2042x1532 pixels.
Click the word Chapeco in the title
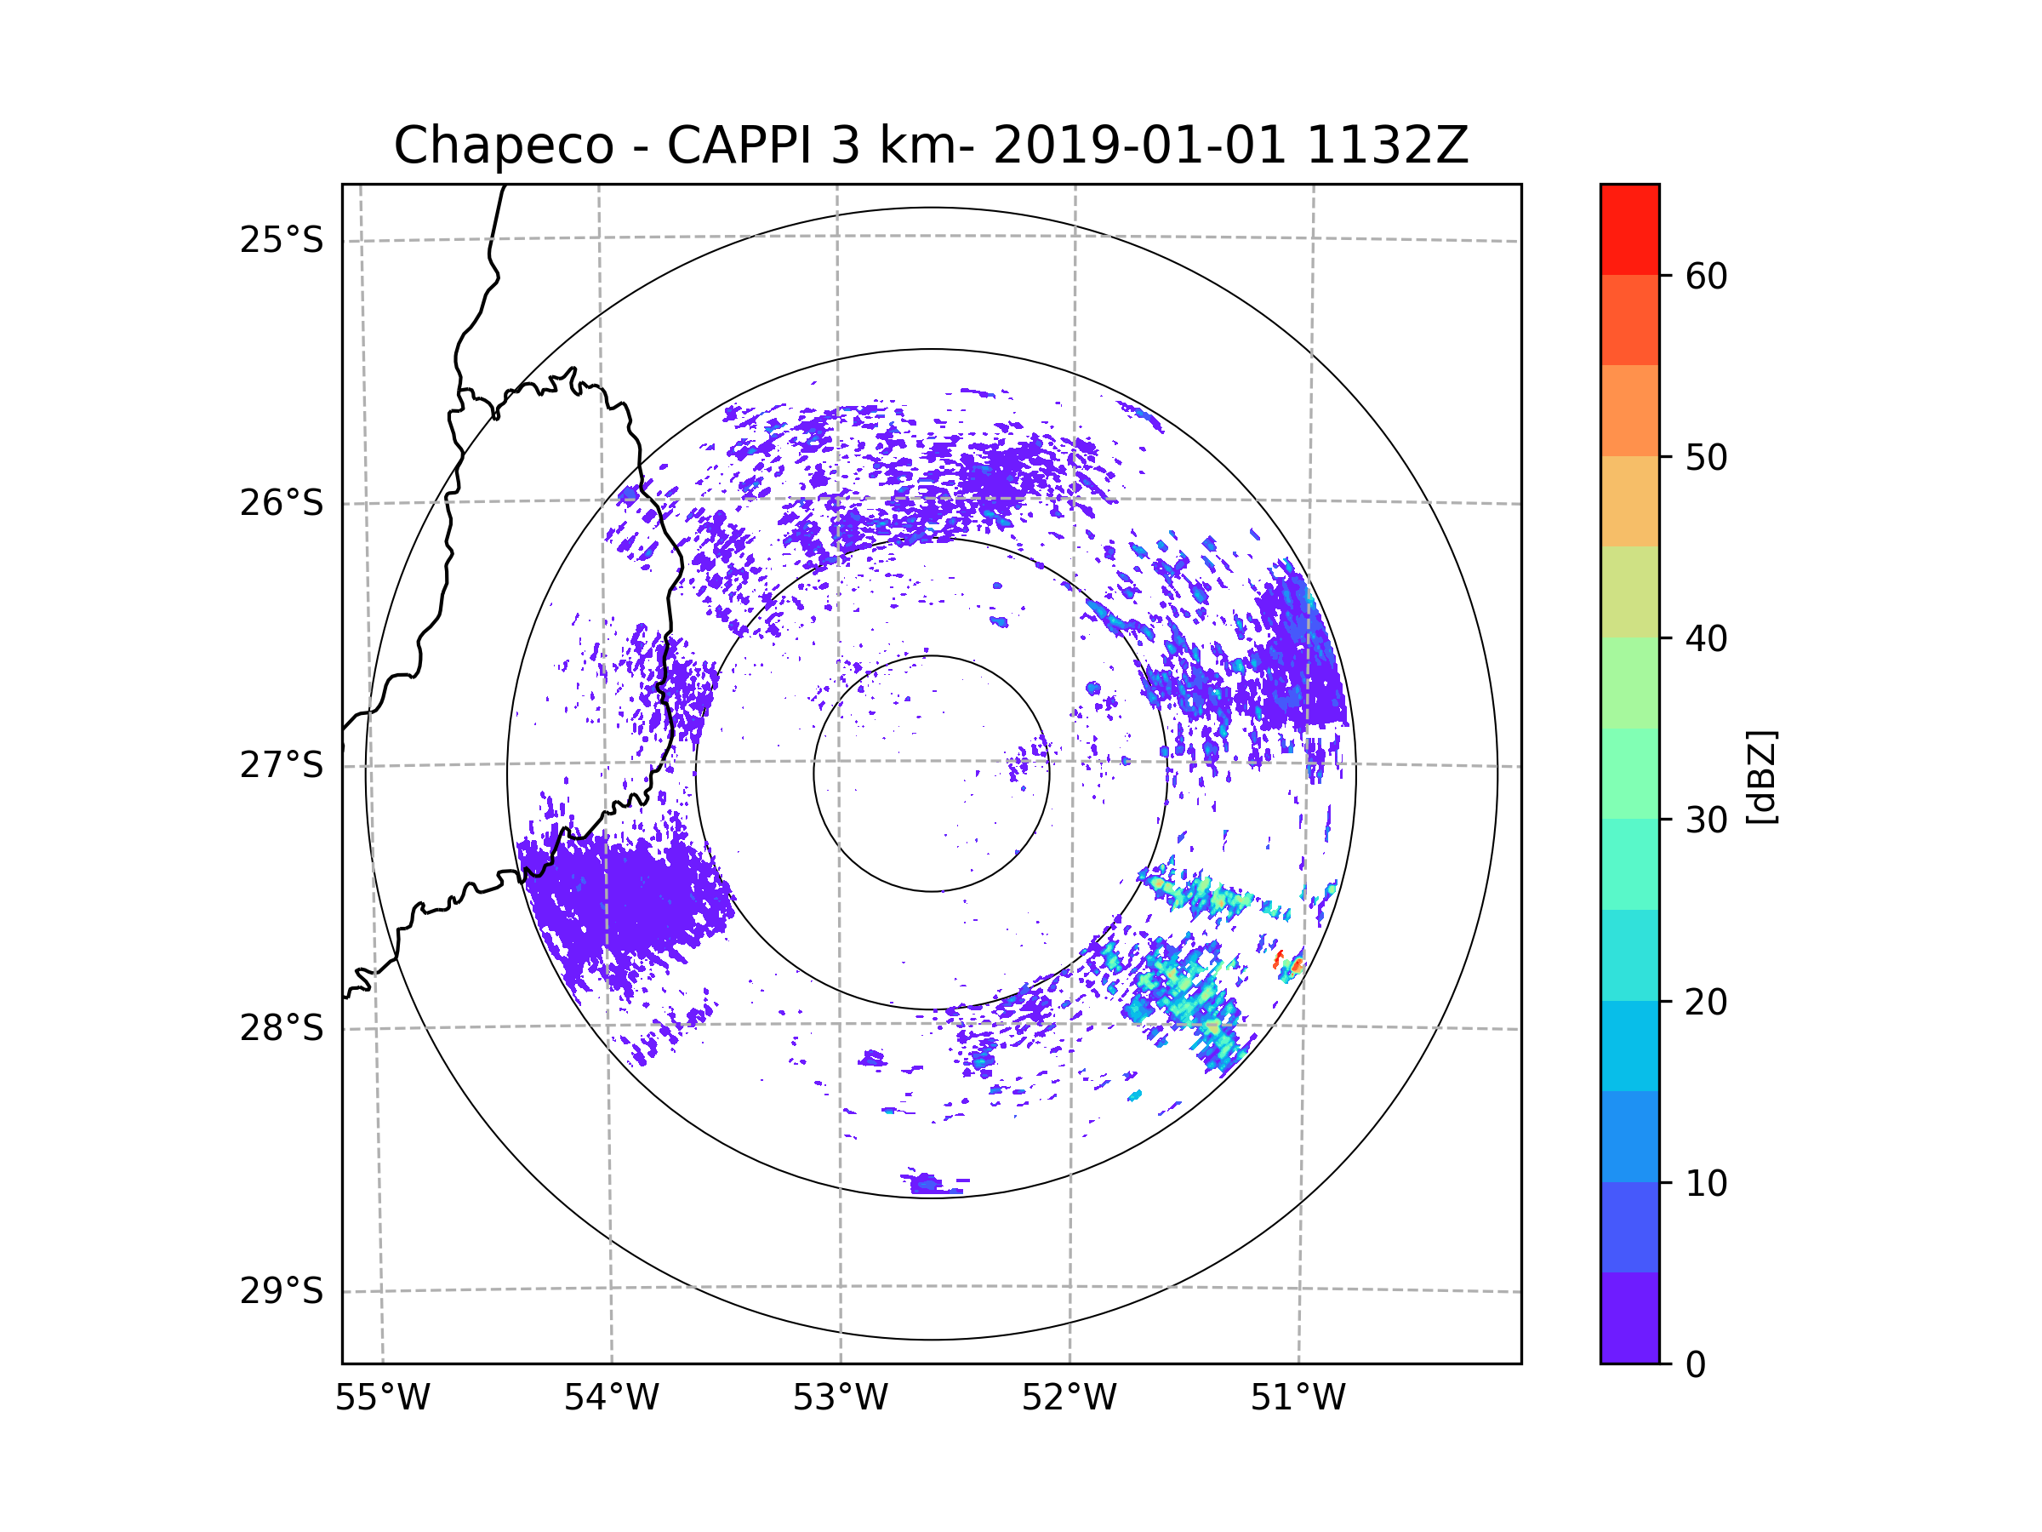pos(503,146)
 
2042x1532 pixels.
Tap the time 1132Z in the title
pos(1387,146)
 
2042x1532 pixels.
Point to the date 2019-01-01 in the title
pos(1139,146)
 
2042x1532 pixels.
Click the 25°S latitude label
pos(282,240)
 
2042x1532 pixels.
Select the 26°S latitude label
pos(282,503)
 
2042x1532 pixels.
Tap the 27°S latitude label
pos(282,765)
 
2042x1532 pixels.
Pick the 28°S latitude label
pos(282,1028)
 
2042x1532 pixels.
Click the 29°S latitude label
pos(282,1291)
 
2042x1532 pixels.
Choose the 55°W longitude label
pos(382,1398)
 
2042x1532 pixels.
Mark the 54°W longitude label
pos(611,1398)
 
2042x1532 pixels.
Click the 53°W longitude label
pos(840,1398)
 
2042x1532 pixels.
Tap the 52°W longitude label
pos(1069,1398)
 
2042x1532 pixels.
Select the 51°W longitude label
pos(1298,1398)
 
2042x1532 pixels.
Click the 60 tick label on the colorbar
pos(1706,276)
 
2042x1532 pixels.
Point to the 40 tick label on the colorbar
pos(1706,639)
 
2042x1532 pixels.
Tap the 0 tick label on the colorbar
pos(1696,1365)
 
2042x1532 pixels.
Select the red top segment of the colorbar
pos(1629,229)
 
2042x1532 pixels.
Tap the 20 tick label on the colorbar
pos(1706,1002)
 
